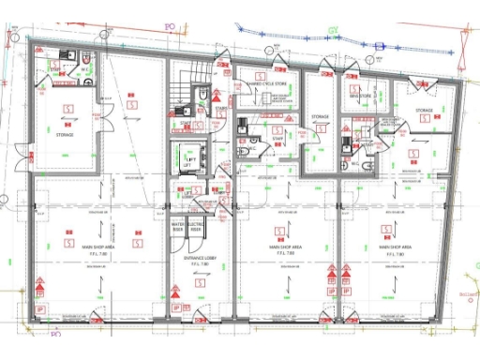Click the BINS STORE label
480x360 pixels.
362,96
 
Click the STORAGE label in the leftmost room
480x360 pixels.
64,134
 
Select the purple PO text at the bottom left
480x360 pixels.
54,333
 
